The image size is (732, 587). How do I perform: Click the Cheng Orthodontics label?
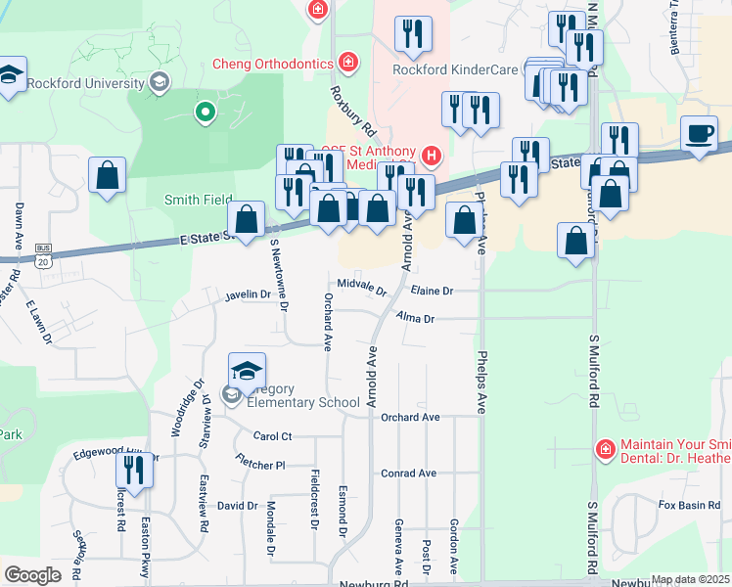tap(273, 65)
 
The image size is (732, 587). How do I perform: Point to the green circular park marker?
tap(206, 113)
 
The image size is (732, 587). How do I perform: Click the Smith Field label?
tap(197, 200)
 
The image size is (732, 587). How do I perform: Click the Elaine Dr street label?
tap(432, 291)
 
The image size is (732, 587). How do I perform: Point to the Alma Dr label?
tap(415, 318)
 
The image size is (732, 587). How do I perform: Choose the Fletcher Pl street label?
tap(259, 461)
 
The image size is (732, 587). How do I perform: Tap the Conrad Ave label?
tap(408, 473)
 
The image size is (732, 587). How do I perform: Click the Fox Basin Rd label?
tap(682, 505)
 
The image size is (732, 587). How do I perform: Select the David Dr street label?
tap(237, 506)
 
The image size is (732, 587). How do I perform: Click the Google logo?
tap(32, 575)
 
